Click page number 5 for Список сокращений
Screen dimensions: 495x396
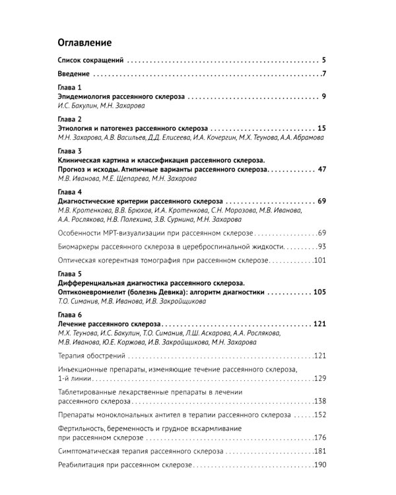(325, 60)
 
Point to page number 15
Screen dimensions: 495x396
(323, 128)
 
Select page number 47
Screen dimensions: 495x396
(323, 169)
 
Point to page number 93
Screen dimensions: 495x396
(321, 246)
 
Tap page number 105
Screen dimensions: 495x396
(320, 291)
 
